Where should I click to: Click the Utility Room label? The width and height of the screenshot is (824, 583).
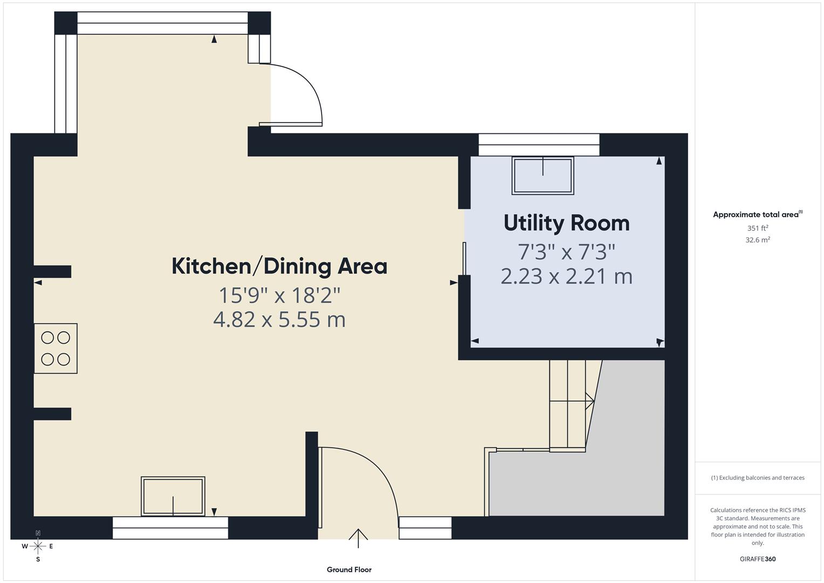pos(566,223)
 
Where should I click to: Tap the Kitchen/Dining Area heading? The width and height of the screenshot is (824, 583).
pos(279,266)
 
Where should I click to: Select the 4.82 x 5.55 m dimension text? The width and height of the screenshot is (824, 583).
pos(279,320)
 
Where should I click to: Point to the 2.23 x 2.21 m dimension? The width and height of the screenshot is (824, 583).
pos(566,276)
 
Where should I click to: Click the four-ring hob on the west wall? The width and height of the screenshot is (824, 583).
pos(56,348)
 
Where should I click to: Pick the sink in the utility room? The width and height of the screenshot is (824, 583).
pos(542,175)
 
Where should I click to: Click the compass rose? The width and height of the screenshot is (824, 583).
pos(38,546)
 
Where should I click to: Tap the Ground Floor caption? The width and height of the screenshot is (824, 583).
pos(349,570)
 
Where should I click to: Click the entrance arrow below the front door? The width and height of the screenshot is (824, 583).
pos(358,538)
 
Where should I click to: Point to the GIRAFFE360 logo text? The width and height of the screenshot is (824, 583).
pos(757,559)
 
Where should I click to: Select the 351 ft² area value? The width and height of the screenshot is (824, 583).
pos(757,228)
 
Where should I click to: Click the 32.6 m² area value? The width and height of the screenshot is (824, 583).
pos(757,240)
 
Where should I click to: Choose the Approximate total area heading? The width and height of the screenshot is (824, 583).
pos(757,214)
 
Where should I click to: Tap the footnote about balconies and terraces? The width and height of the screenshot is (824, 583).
pos(757,478)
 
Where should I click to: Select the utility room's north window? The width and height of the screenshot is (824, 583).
pos(539,144)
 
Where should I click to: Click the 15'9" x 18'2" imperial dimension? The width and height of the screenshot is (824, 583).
pos(279,295)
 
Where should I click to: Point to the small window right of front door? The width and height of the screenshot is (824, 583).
pos(425,527)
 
